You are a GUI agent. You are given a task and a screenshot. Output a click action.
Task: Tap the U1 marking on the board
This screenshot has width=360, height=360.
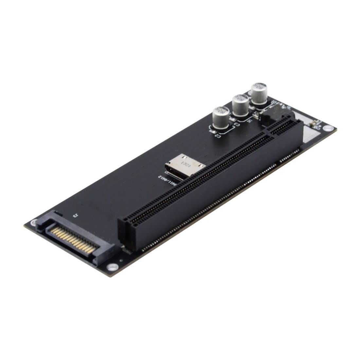(x=250, y=120)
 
